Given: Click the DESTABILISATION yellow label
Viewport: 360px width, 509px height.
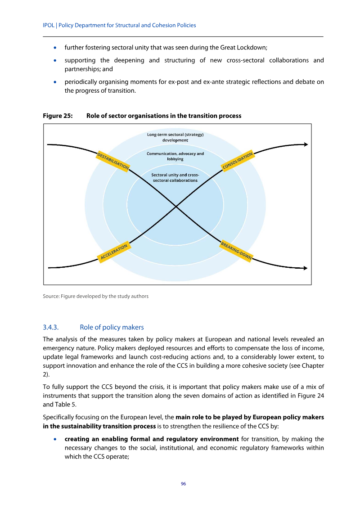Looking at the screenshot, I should click(x=113, y=161).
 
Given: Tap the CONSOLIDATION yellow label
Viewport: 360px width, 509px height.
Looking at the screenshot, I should click(x=238, y=161).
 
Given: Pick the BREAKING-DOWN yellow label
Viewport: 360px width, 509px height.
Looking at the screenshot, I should click(x=236, y=251).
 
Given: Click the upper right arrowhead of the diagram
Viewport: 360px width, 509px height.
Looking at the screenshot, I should click(x=306, y=144).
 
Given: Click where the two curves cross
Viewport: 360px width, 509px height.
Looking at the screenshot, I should click(x=175, y=206).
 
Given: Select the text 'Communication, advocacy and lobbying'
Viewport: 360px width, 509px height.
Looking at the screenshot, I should click(x=175, y=156).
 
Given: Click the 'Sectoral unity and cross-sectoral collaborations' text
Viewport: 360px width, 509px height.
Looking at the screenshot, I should click(x=175, y=177).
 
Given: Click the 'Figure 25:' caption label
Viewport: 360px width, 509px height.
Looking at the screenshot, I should click(x=58, y=116).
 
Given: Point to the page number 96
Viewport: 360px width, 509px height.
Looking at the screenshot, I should click(x=183, y=483).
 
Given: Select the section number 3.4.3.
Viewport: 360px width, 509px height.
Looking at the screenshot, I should click(x=51, y=327).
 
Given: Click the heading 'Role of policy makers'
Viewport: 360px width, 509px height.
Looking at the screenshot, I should click(x=112, y=327).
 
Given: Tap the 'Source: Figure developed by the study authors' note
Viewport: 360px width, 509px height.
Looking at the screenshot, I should click(x=95, y=296).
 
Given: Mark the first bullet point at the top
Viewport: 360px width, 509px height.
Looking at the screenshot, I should click(x=55, y=47).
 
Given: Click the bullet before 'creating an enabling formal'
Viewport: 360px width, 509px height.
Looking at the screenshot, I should click(x=55, y=439).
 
